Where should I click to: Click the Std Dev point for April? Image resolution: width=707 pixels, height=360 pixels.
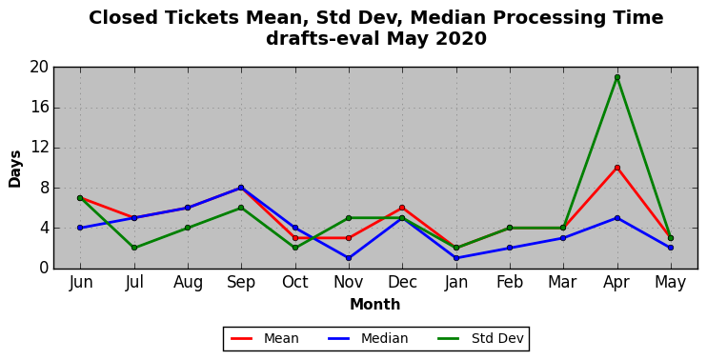pos(617,77)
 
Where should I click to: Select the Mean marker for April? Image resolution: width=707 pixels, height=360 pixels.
pos(617,168)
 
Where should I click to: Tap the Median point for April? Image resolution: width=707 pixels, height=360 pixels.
pos(617,218)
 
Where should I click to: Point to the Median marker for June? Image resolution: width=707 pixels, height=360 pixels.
pos(80,228)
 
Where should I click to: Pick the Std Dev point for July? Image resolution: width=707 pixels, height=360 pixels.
pos(134,248)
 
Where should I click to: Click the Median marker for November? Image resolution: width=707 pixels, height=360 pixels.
pos(349,258)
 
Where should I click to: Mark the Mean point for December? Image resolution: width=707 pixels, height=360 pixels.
pos(402,208)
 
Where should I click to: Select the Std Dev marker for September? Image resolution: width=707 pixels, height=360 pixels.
pos(241,208)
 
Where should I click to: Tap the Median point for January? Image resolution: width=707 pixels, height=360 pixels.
pos(456,258)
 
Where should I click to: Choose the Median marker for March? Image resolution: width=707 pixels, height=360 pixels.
pos(563,238)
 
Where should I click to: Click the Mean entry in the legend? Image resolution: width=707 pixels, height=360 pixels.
pos(264,338)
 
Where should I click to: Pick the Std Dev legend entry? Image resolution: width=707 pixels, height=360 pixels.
pos(480,338)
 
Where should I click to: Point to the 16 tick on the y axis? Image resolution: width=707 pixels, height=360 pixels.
pos(39,109)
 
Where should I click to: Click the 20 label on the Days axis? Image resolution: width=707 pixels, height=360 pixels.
pos(39,68)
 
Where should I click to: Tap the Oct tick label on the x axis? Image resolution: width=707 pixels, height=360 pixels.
pos(294,283)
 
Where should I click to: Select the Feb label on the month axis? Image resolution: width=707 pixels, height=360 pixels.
pos(510,283)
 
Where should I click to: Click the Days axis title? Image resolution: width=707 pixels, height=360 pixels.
pos(15,169)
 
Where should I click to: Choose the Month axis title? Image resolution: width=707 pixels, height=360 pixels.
pos(375,305)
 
